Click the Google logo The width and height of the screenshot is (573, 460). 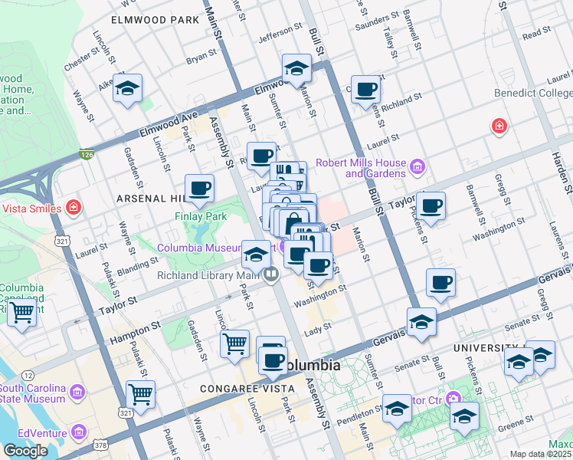[x=25, y=451]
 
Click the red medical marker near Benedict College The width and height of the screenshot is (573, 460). [x=499, y=125]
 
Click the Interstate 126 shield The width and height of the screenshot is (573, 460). [x=86, y=155]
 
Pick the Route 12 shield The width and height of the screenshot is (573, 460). [x=28, y=375]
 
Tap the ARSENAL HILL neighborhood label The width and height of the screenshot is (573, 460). [x=148, y=199]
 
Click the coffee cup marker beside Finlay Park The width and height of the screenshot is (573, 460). [x=199, y=188]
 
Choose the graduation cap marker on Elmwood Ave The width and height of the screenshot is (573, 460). [x=296, y=69]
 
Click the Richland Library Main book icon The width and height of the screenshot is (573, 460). [x=270, y=274]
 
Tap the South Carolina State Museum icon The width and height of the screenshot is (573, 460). [x=77, y=393]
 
